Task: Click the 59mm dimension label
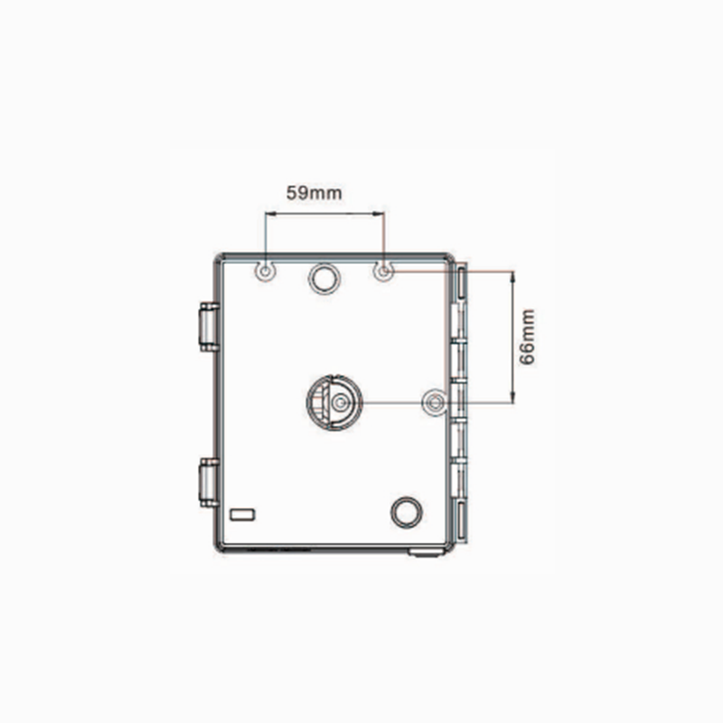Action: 314,192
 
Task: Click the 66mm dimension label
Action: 528,337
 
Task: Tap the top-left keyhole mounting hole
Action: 265,271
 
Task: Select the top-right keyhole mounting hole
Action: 383,271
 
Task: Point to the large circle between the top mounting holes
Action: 324,278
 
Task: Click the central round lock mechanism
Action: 334,402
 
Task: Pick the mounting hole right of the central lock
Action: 435,402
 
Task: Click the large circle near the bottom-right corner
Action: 406,512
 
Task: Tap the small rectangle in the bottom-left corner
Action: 242,514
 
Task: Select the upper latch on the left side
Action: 209,327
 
